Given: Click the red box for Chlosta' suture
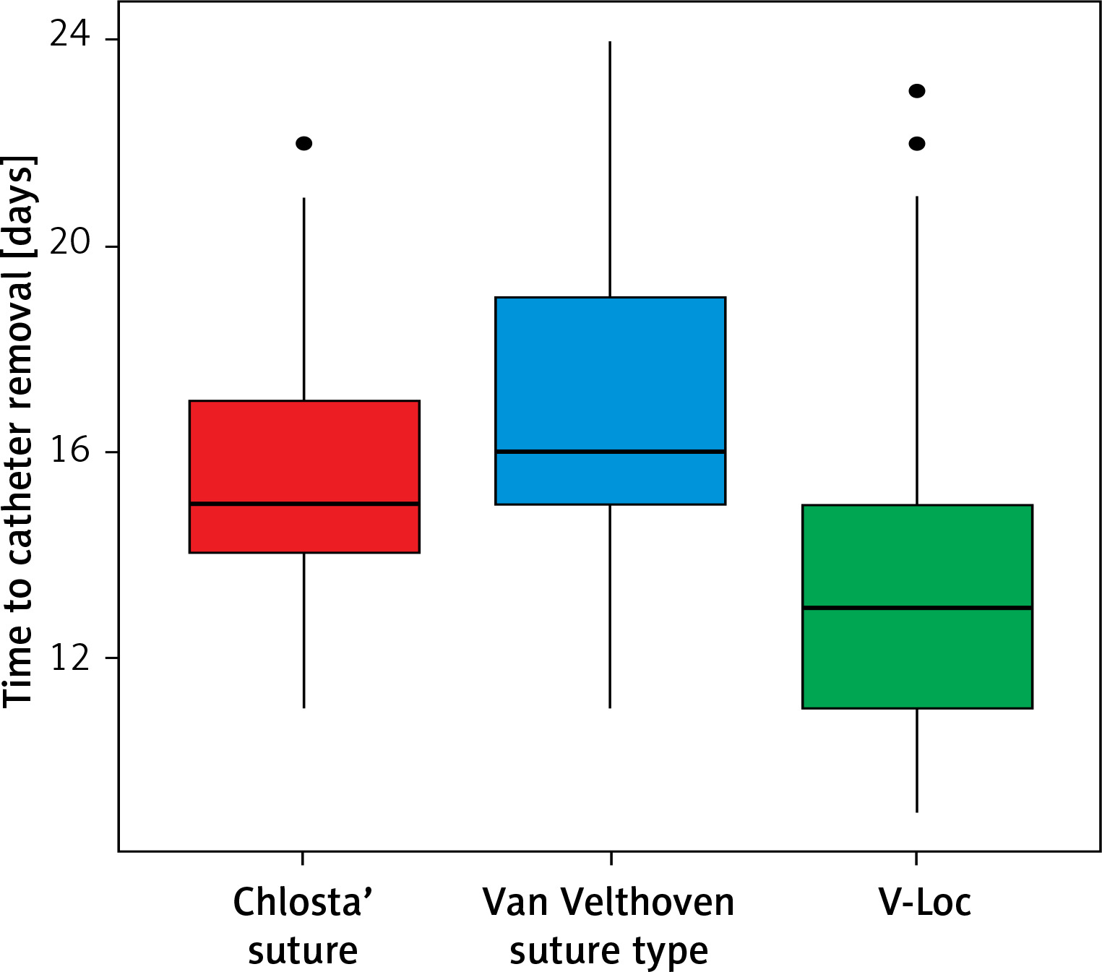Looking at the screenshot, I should [x=304, y=448].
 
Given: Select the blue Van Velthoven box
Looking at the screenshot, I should [x=610, y=376].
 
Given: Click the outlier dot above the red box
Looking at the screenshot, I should [x=304, y=143].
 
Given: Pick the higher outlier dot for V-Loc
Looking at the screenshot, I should [x=917, y=91].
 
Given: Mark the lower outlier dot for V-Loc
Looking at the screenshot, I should [x=917, y=144].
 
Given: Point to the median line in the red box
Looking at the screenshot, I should [x=304, y=504].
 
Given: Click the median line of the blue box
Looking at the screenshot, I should [x=610, y=452].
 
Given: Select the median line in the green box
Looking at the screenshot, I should [x=917, y=608].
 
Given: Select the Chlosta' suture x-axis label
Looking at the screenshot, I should [x=303, y=926].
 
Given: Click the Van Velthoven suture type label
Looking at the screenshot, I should [x=608, y=926].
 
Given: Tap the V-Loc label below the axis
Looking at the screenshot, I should [x=924, y=903].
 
